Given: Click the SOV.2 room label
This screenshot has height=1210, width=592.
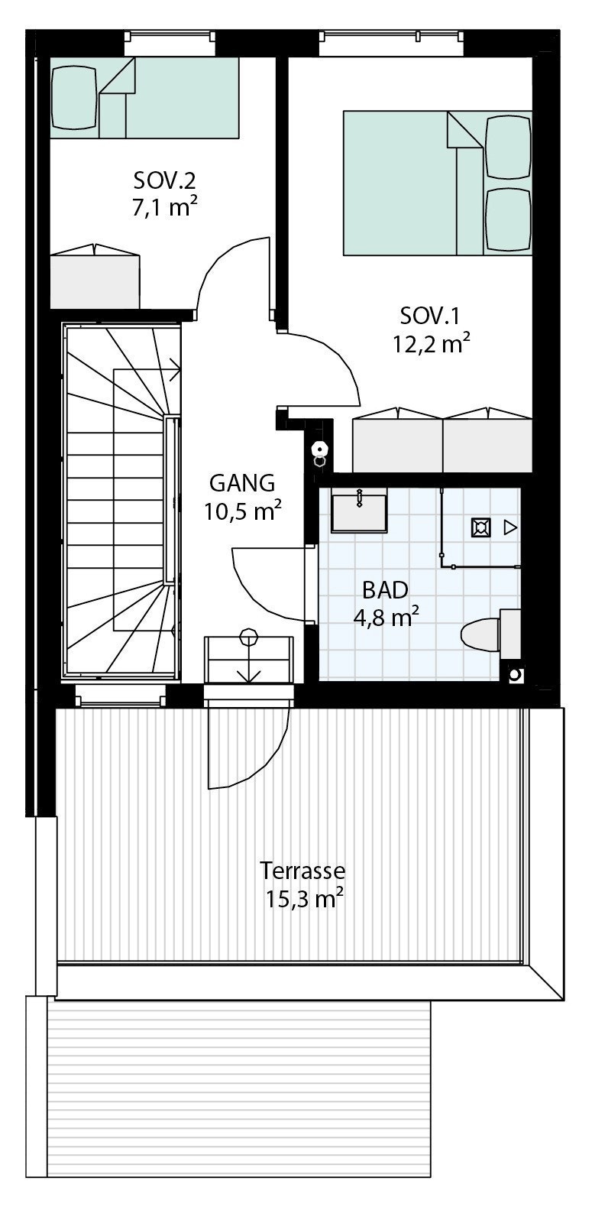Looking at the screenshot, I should (164, 181).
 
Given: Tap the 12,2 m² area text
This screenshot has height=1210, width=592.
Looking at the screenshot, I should (431, 344).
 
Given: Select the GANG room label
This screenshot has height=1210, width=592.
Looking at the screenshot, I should (241, 483).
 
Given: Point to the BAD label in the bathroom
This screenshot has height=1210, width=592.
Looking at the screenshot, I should (385, 589).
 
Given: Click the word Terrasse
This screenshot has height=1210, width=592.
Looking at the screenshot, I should (302, 871).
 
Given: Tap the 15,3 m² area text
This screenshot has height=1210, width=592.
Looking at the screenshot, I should (303, 899).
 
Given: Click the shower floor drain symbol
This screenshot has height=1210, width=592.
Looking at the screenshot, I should (480, 527).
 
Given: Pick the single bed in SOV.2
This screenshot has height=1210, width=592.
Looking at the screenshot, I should (144, 97).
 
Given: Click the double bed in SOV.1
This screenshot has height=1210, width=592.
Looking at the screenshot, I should (437, 183).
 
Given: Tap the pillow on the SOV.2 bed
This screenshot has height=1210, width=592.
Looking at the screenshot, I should (74, 97).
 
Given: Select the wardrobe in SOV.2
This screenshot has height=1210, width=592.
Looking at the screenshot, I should (95, 280).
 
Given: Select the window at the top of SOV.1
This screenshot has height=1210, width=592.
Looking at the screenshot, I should (391, 44).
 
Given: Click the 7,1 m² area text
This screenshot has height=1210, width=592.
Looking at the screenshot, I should (164, 207).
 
